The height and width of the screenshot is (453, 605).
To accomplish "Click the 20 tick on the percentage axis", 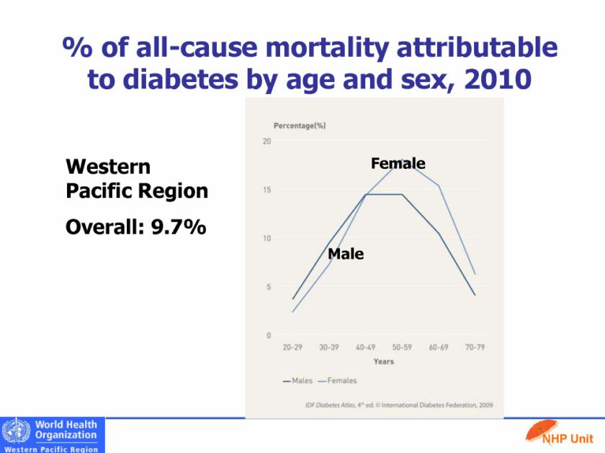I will (266, 141).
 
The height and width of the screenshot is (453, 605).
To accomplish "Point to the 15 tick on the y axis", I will (266, 190).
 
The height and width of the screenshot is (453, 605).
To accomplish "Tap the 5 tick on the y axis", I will (269, 287).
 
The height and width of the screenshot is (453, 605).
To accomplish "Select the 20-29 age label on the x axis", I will (292, 347).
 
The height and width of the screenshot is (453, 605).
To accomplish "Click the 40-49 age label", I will (365, 347).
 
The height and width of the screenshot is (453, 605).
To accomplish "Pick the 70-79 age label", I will (475, 347).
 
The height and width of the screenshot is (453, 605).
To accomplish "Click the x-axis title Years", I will (384, 362).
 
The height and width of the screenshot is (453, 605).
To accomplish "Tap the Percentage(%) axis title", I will (300, 126).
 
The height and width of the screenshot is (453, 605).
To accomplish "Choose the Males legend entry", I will (297, 380).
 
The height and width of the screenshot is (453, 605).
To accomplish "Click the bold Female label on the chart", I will (398, 164).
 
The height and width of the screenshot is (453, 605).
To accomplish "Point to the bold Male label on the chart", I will (346, 254).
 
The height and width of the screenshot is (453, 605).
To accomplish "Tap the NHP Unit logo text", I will (572, 438).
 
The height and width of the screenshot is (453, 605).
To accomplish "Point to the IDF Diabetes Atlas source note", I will (399, 405).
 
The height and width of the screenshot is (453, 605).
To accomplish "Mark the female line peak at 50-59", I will (402, 160).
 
